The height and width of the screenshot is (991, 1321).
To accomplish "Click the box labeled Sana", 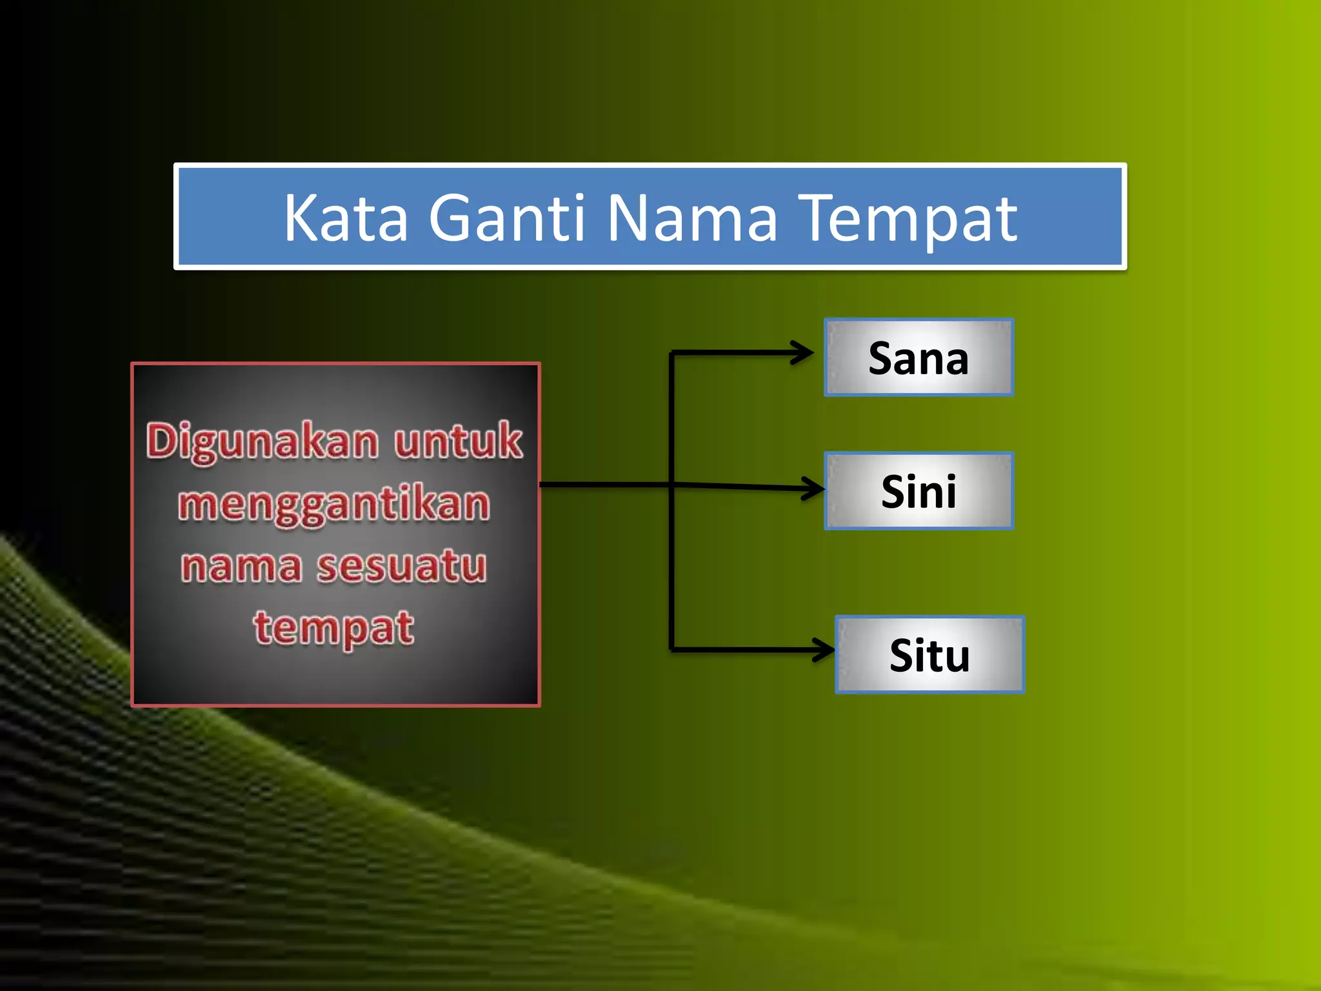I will pyautogui.click(x=919, y=357).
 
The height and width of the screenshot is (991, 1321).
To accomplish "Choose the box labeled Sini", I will pyautogui.click(x=919, y=491).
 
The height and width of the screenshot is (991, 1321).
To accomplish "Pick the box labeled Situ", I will pyautogui.click(x=929, y=655).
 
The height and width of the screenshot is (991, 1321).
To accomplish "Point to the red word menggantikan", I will pyautogui.click(x=334, y=505).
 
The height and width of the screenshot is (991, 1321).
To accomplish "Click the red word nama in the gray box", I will pyautogui.click(x=241, y=566).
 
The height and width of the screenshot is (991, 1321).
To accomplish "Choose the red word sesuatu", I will pyautogui.click(x=401, y=566).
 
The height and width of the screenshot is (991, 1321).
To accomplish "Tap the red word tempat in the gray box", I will pyautogui.click(x=333, y=628).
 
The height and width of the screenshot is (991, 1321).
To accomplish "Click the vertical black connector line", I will pyautogui.click(x=671, y=568).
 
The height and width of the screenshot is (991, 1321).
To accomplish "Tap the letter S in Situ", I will pyautogui.click(x=901, y=656).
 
